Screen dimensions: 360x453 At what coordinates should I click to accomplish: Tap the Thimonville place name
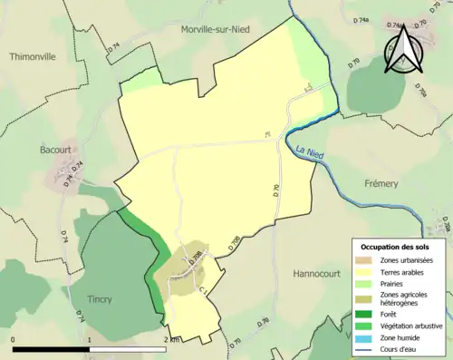33,56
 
